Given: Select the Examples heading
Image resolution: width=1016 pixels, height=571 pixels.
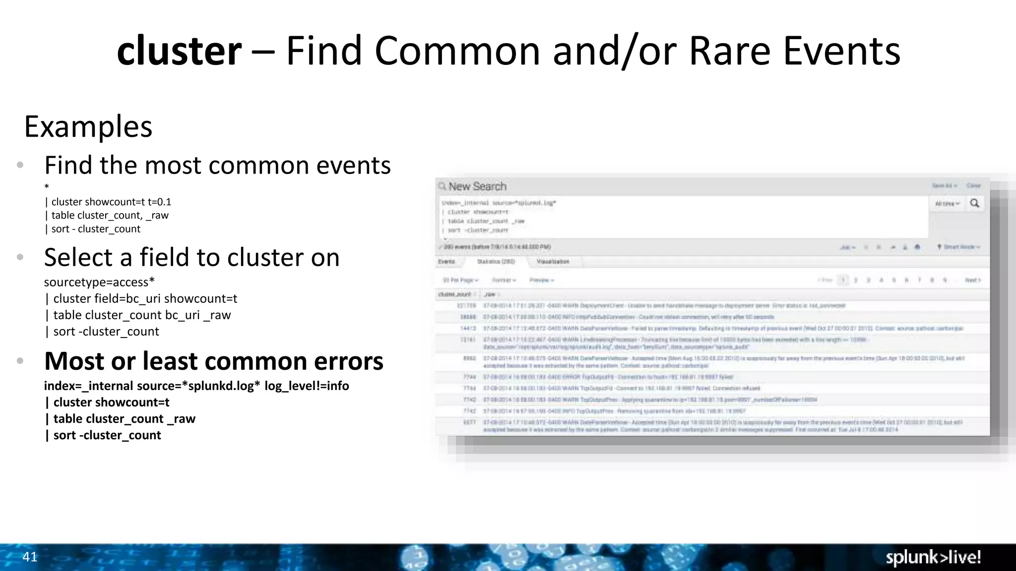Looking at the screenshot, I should click(88, 126).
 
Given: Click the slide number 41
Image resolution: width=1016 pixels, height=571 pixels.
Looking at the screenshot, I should click(30, 557).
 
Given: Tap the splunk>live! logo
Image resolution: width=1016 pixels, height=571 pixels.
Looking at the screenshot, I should click(933, 557).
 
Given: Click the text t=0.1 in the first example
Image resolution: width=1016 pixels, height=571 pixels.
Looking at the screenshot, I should click(159, 202).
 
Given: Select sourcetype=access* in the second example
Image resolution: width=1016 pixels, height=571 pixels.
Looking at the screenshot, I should click(99, 282).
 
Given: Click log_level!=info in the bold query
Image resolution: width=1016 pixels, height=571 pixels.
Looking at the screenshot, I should click(307, 386).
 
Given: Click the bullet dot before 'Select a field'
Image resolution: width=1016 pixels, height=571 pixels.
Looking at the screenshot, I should click(20, 257).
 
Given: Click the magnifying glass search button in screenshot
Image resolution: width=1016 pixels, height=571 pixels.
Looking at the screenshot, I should click(974, 203).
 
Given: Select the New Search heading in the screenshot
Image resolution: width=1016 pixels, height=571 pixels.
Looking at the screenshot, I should click(477, 186).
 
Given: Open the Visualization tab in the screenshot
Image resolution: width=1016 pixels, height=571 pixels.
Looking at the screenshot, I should click(553, 261).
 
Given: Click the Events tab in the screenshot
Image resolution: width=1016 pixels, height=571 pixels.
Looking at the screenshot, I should click(446, 261).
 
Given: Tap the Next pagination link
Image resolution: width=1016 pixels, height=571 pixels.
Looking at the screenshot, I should click(972, 280).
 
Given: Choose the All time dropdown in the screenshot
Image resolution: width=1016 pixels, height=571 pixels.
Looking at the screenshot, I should click(947, 204).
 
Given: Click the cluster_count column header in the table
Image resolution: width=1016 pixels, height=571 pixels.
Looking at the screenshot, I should click(455, 294).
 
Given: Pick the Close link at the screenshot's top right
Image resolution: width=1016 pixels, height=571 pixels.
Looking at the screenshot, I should click(973, 185).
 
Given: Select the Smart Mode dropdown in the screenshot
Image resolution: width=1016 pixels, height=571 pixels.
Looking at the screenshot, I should click(961, 247).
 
